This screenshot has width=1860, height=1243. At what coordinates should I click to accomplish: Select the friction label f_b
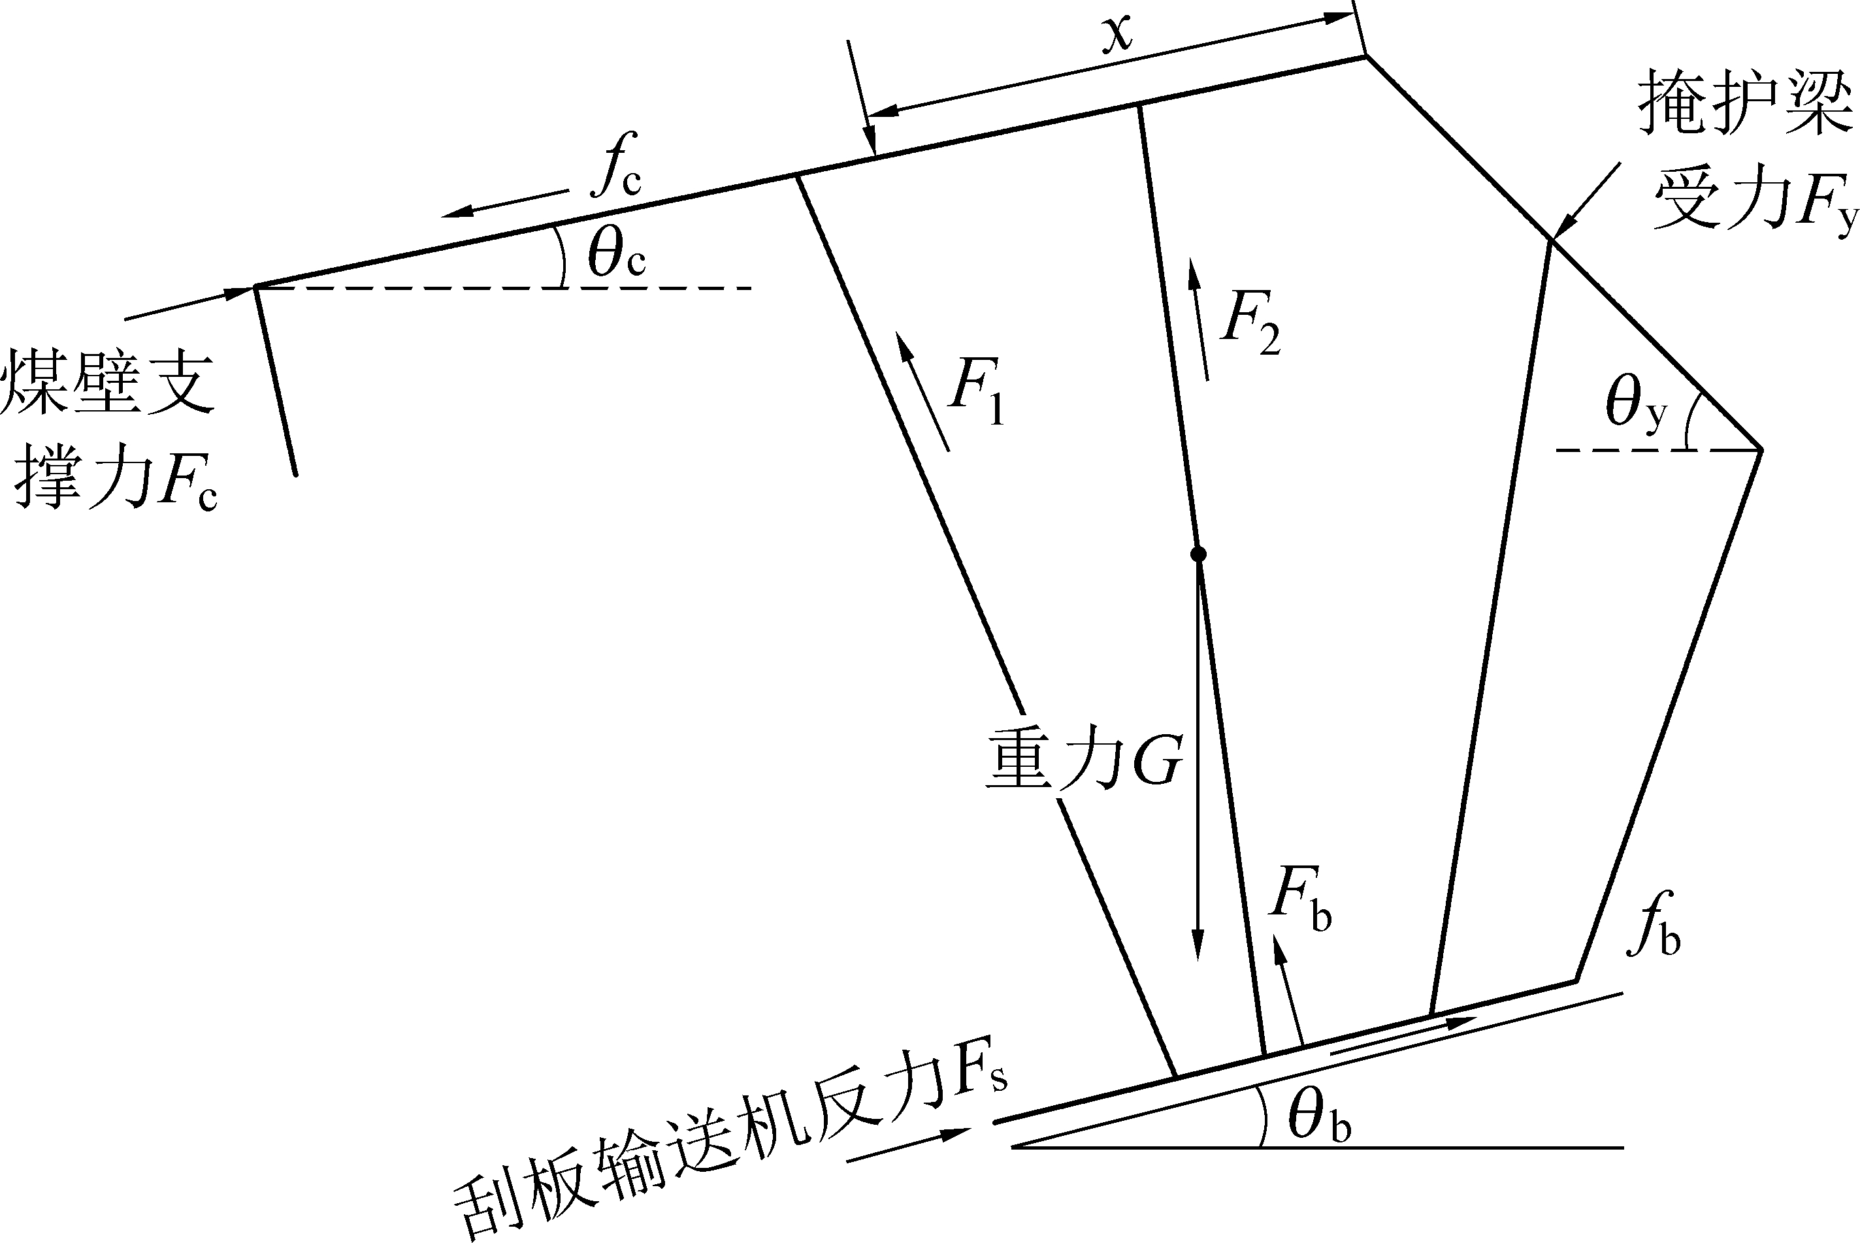click(x=1653, y=927)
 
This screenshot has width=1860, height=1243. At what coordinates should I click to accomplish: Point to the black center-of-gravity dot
click(x=1199, y=554)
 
